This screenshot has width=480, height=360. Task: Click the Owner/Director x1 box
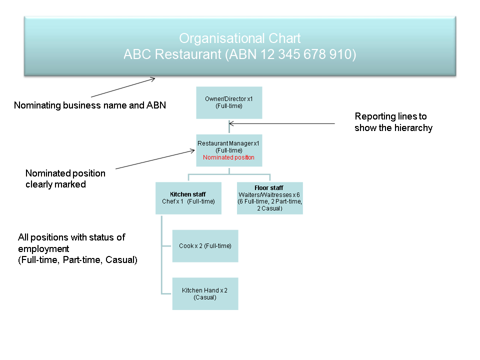pyautogui.click(x=228, y=102)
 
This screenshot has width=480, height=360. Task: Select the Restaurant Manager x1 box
pyautogui.click(x=228, y=150)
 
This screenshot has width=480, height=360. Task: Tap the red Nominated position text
pyautogui.click(x=228, y=157)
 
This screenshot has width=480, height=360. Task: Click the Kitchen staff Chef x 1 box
pyautogui.click(x=188, y=198)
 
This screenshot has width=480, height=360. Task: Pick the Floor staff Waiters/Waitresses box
pyautogui.click(x=269, y=198)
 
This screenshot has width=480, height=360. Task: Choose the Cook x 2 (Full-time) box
pyautogui.click(x=205, y=246)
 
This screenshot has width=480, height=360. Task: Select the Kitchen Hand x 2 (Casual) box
pyautogui.click(x=205, y=293)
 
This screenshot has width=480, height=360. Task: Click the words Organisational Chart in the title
pyautogui.click(x=240, y=38)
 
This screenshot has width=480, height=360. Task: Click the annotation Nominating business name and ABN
pyautogui.click(x=90, y=105)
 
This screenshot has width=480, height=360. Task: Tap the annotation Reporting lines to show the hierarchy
pyautogui.click(x=393, y=122)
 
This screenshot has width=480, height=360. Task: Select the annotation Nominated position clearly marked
pyautogui.click(x=65, y=178)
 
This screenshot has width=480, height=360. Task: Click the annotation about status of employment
pyautogui.click(x=77, y=248)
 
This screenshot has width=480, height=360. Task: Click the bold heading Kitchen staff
pyautogui.click(x=188, y=194)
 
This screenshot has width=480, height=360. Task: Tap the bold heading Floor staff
pyautogui.click(x=269, y=188)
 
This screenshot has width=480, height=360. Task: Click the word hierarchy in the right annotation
pyautogui.click(x=413, y=128)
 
